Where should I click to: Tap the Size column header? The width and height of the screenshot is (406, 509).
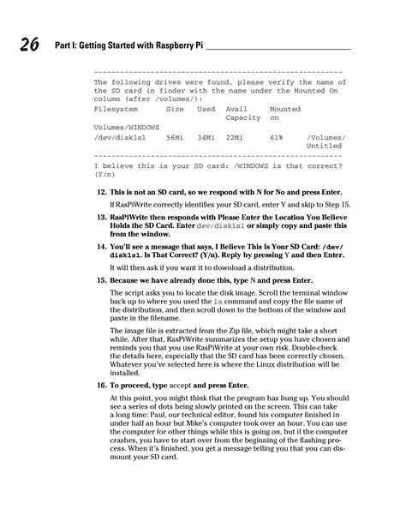coord(175,110)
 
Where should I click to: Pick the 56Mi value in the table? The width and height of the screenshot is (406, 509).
coord(175,136)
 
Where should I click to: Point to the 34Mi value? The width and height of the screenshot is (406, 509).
coord(206,136)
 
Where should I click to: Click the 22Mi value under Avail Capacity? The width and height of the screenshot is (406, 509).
coord(236,136)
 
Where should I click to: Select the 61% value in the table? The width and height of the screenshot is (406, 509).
coord(276,136)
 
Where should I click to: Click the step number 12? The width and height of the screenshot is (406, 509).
coord(101,190)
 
